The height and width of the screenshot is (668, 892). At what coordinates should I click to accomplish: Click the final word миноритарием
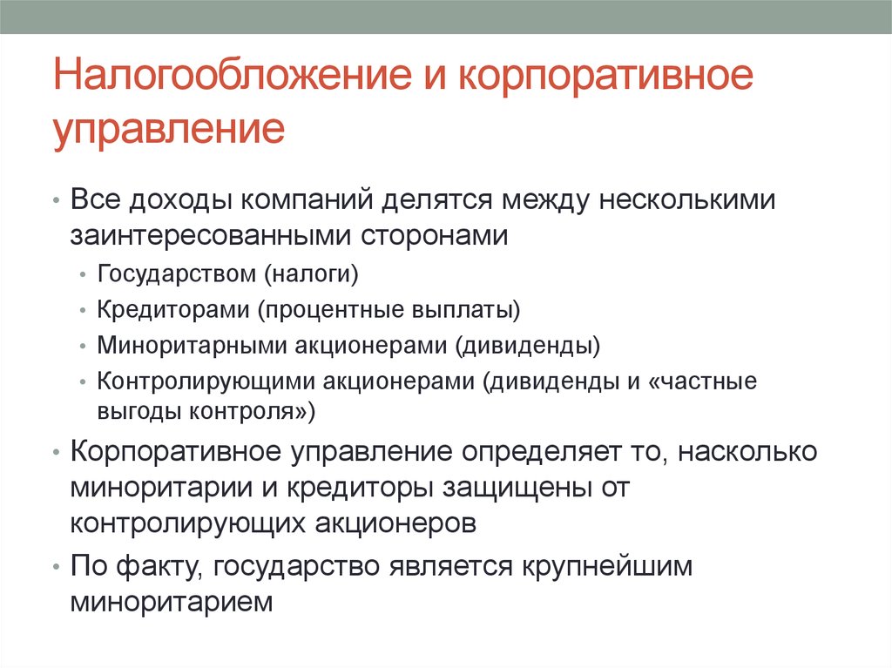[173, 601]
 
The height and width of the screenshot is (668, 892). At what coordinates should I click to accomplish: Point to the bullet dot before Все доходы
[56, 201]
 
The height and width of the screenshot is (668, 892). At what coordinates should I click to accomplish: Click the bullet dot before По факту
[56, 566]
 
